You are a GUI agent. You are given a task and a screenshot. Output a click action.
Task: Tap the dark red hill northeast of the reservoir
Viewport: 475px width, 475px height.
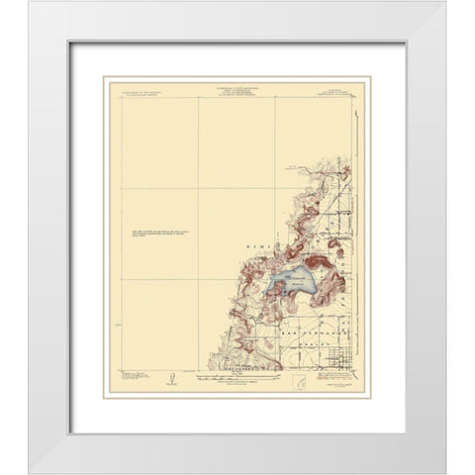point(318,265)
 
